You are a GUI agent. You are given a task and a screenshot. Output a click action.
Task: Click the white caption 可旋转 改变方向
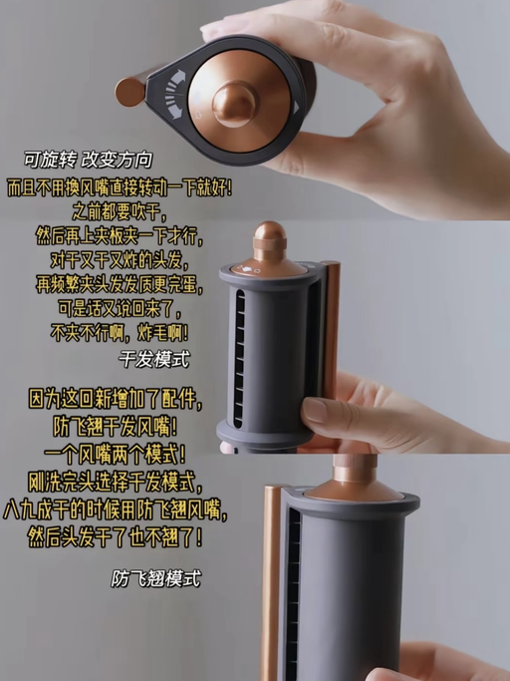[88, 160]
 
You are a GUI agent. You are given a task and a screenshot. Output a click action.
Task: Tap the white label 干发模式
[154, 360]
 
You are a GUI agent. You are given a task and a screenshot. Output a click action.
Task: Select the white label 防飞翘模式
[156, 578]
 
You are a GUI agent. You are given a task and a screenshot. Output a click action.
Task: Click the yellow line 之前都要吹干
[120, 212]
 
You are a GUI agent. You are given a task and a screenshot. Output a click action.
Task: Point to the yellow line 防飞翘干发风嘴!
[116, 427]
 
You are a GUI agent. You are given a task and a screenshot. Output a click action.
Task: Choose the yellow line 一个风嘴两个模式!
[115, 455]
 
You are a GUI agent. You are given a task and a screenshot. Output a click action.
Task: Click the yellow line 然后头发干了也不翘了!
[115, 537]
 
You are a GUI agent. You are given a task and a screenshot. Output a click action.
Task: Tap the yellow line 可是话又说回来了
[120, 308]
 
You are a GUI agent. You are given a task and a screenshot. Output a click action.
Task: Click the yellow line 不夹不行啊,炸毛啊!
[120, 333]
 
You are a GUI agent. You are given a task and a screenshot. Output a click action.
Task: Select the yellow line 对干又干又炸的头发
[120, 260]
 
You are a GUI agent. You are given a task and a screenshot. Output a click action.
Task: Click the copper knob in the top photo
[235, 104]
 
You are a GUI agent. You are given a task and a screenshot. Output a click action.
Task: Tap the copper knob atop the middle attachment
[270, 242]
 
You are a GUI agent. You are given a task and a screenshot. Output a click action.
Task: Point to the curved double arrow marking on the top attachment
[175, 95]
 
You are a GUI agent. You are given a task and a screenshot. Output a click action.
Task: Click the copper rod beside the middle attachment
[331, 330]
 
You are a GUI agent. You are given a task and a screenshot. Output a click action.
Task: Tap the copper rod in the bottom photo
[272, 583]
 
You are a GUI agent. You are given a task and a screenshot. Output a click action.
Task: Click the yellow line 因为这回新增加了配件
[116, 399]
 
